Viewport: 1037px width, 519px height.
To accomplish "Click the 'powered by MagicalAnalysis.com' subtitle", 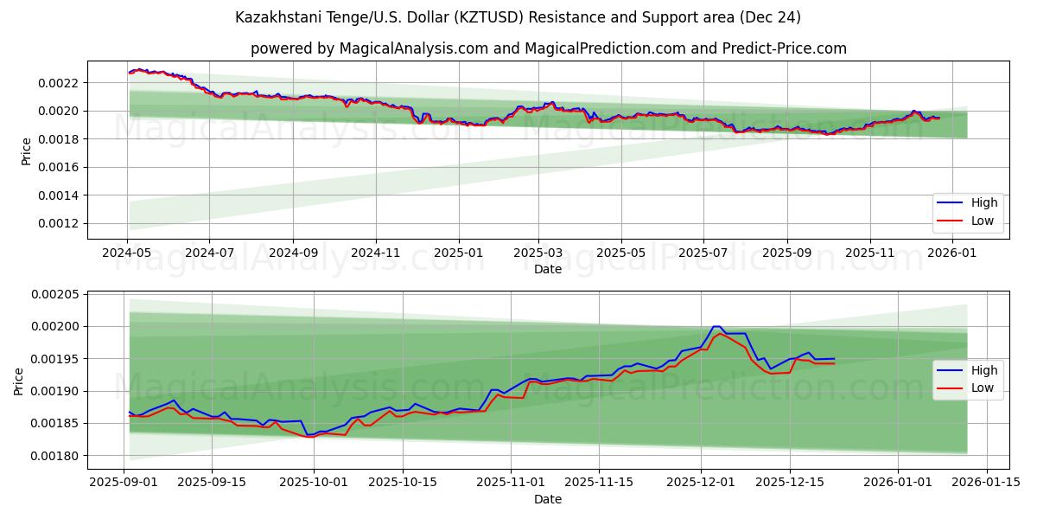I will (x=548, y=48).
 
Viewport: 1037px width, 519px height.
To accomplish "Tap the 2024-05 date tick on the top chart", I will (x=128, y=253).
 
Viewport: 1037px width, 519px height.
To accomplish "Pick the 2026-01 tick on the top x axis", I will (x=952, y=253).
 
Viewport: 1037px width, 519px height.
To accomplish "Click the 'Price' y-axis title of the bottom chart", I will (x=18, y=381).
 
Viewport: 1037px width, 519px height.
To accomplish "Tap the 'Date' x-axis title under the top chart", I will (x=548, y=269).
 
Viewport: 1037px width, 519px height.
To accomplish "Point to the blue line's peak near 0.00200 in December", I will (x=716, y=326).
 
